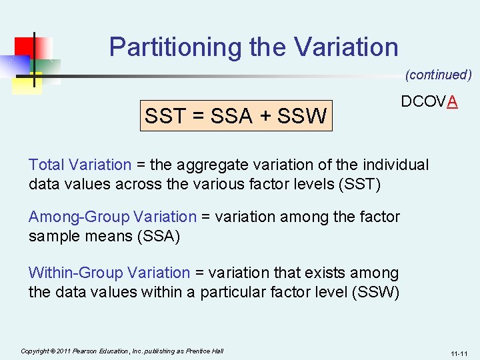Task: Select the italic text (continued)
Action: point(438,75)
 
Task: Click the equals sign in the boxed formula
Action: point(198,117)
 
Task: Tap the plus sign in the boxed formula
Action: point(266,117)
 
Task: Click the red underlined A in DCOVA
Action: point(453,102)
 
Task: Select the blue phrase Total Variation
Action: point(80,165)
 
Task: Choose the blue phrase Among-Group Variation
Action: point(112,217)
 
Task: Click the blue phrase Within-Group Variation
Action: point(109,273)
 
